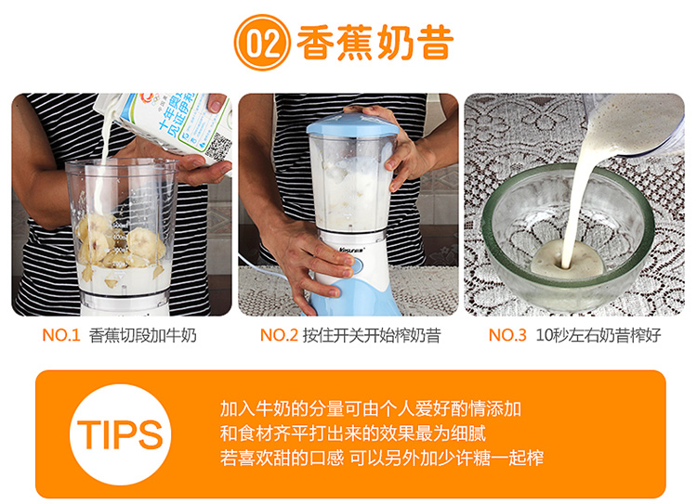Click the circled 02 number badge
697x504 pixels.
pos(262,42)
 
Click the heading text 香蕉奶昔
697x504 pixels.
pos(375,43)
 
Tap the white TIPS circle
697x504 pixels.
pos(121,434)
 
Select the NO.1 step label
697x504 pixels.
pos(61,335)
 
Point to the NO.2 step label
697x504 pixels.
pos(279,335)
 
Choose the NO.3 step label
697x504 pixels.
pos(507,335)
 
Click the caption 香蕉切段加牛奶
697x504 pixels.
pos(143,335)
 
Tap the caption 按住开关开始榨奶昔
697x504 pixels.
pos(372,335)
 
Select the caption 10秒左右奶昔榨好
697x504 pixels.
pos(598,335)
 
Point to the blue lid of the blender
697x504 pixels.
pos(352,124)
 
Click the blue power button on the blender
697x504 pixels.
pos(354,265)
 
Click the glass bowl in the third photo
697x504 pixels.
pos(567,237)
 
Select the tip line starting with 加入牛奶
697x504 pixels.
pos(370,408)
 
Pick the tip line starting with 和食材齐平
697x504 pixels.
pos(353,433)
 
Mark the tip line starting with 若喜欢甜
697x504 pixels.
pos(382,458)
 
